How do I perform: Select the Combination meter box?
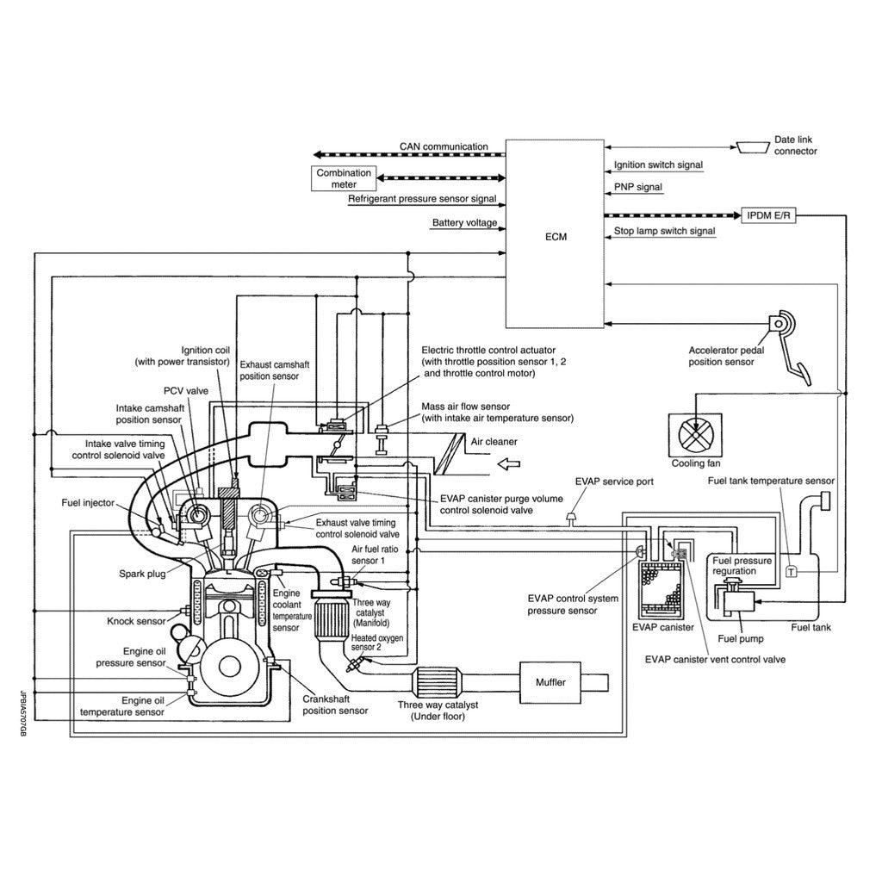click(x=344, y=178)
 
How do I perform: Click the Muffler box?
click(x=550, y=682)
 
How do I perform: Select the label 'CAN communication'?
click(x=444, y=146)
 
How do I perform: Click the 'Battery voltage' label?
click(x=464, y=223)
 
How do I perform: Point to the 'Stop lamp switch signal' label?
click(x=664, y=231)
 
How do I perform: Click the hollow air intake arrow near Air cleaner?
click(x=510, y=465)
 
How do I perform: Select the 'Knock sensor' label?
click(x=136, y=620)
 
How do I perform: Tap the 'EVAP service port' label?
click(x=613, y=481)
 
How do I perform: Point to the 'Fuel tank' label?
click(x=811, y=627)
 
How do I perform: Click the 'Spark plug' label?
click(x=143, y=572)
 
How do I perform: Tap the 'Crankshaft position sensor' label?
click(x=335, y=705)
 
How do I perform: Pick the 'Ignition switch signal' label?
click(x=658, y=165)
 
